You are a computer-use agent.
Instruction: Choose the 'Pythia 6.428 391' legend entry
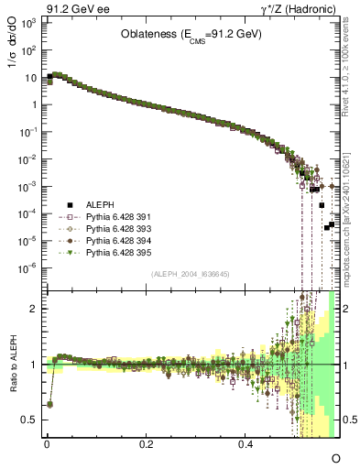[106, 218]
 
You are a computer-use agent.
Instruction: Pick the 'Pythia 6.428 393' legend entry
[106, 229]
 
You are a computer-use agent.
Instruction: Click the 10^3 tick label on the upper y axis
[27, 22]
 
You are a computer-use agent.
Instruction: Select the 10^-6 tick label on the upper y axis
[27, 268]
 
